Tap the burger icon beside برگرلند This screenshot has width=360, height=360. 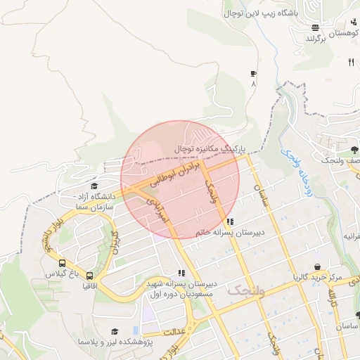(315, 28)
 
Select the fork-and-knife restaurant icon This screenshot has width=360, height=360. (351, 62)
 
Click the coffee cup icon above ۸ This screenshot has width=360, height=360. (253, 73)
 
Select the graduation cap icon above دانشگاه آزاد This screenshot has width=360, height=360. (94, 186)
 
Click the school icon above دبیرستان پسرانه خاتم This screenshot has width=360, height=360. (231, 222)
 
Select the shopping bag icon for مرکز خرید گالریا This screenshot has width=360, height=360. (319, 267)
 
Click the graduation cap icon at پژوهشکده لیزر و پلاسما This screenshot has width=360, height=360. (114, 331)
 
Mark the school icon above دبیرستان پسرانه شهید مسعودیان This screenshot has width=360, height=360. (181, 273)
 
